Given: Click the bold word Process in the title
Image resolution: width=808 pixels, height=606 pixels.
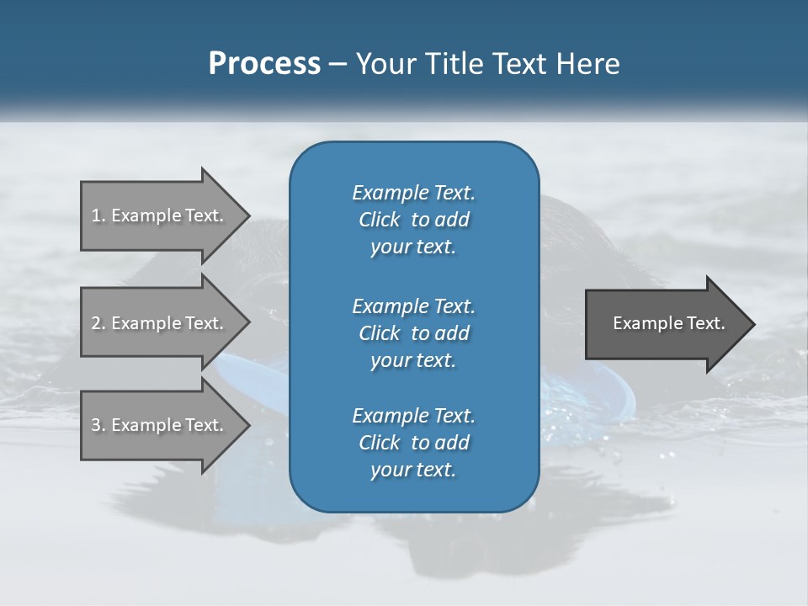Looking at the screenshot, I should click(x=264, y=64).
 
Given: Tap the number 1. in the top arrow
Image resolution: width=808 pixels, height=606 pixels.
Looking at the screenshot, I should click(x=98, y=215).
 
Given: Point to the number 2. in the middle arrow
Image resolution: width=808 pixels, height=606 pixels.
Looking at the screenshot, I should click(x=98, y=323).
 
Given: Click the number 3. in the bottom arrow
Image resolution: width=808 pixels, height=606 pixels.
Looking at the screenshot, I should click(x=98, y=425).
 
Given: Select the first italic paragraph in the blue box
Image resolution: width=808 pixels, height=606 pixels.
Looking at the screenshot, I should click(x=413, y=220).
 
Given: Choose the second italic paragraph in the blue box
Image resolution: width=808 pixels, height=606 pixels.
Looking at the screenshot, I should click(x=413, y=332).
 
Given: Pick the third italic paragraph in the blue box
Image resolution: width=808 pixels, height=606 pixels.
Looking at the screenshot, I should click(x=413, y=443).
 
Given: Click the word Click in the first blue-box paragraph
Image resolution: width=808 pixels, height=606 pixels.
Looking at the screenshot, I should click(x=379, y=221).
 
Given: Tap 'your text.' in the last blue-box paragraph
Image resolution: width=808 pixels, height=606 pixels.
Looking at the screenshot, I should click(x=413, y=470).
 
